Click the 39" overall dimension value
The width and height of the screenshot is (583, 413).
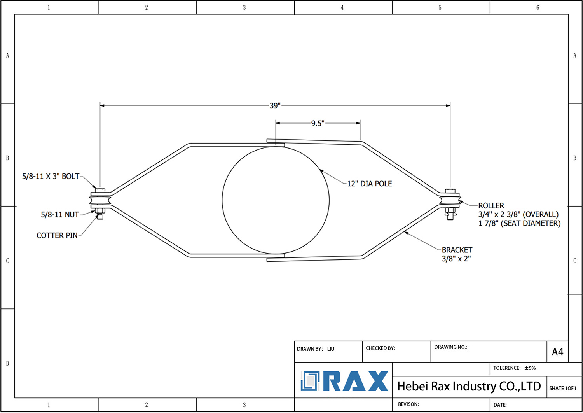click(275, 105)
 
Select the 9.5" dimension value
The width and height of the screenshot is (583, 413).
click(318, 123)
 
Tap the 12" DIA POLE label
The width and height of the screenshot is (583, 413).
click(369, 184)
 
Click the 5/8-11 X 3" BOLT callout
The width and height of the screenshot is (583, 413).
click(51, 176)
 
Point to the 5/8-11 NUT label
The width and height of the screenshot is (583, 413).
click(60, 214)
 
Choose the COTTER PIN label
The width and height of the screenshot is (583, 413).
click(57, 235)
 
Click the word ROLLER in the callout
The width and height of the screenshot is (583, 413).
click(491, 205)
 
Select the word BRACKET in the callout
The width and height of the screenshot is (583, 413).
click(457, 250)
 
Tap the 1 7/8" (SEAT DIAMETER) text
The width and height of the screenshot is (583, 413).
click(519, 223)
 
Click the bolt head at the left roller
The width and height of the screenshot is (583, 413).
click(100, 190)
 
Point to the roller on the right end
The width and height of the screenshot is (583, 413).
click(450, 200)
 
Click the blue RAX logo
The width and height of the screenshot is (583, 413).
click(344, 381)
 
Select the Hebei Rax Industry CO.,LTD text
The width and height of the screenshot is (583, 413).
click(469, 386)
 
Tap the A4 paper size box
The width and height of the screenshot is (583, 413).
click(557, 352)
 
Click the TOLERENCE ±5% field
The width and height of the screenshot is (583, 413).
click(514, 368)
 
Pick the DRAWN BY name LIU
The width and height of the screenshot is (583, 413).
click(330, 349)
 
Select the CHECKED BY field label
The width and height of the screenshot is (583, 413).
click(380, 348)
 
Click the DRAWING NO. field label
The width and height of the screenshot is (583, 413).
click(450, 347)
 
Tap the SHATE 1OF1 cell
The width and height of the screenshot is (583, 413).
click(562, 388)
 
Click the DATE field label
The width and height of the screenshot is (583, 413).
click(500, 405)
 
